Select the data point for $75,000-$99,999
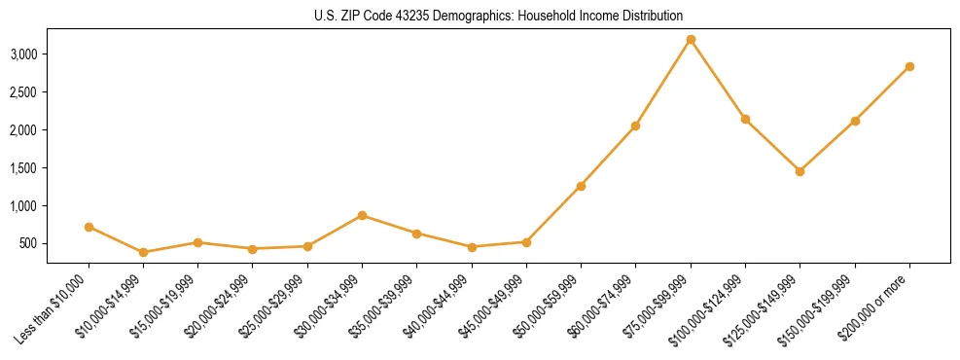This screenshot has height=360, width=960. click(x=691, y=40)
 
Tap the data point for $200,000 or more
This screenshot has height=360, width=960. click(x=909, y=67)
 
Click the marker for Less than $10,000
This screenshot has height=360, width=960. click(x=89, y=227)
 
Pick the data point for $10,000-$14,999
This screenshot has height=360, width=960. click(x=143, y=252)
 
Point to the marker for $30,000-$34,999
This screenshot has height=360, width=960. click(x=362, y=215)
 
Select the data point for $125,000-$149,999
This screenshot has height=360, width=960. click(x=800, y=171)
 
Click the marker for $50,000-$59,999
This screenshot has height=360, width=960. click(x=581, y=186)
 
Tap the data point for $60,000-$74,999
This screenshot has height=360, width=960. click(x=635, y=126)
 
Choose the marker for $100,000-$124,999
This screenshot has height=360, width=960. click(x=745, y=119)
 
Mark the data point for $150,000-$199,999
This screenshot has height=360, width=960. click(x=855, y=121)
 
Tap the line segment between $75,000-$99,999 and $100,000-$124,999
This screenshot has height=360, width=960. click(x=718, y=80)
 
